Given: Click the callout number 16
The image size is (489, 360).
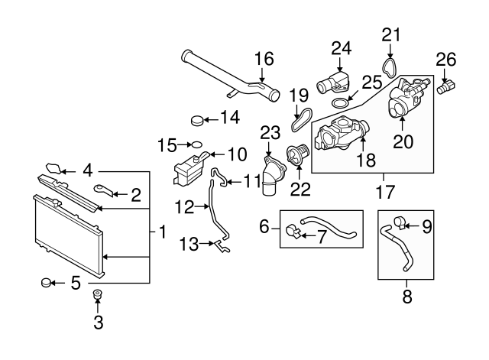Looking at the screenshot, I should point(263,60).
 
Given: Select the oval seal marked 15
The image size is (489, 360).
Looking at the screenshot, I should point(194,143).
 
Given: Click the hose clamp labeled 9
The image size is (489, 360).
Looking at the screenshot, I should point(398,223).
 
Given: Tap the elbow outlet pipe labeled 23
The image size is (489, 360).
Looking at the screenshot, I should point(270,177).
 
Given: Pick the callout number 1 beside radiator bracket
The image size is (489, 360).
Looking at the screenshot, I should point(161,230).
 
